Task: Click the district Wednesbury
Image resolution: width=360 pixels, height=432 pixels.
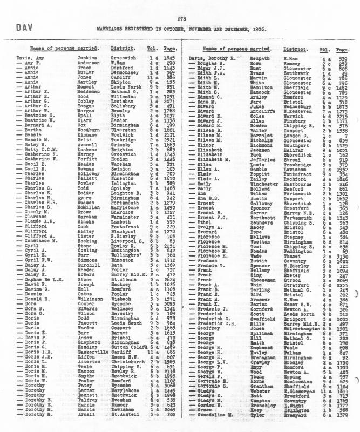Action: tap(303, 100)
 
